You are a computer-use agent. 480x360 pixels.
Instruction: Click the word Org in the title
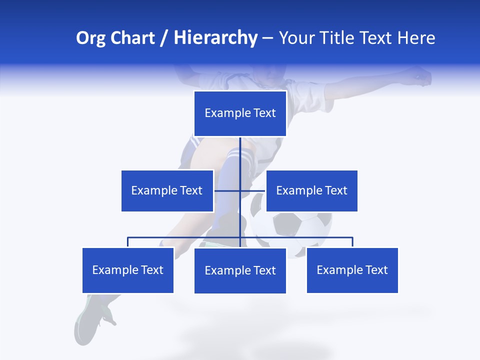[x=91, y=38]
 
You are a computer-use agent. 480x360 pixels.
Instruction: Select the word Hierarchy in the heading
[x=215, y=38]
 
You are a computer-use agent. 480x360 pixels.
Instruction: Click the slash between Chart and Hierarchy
[x=164, y=38]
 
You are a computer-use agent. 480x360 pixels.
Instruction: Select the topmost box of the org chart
[x=240, y=113]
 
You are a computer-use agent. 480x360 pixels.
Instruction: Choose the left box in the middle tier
[x=167, y=190]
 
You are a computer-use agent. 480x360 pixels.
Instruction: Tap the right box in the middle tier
[x=311, y=190]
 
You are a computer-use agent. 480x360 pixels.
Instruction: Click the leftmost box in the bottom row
[x=128, y=270]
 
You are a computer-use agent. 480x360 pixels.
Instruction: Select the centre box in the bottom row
[x=240, y=270]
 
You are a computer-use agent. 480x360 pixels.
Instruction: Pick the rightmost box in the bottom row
[x=352, y=270]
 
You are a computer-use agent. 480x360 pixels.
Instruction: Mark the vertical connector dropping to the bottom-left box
[x=128, y=242]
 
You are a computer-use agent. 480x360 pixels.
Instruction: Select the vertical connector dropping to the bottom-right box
[x=352, y=242]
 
